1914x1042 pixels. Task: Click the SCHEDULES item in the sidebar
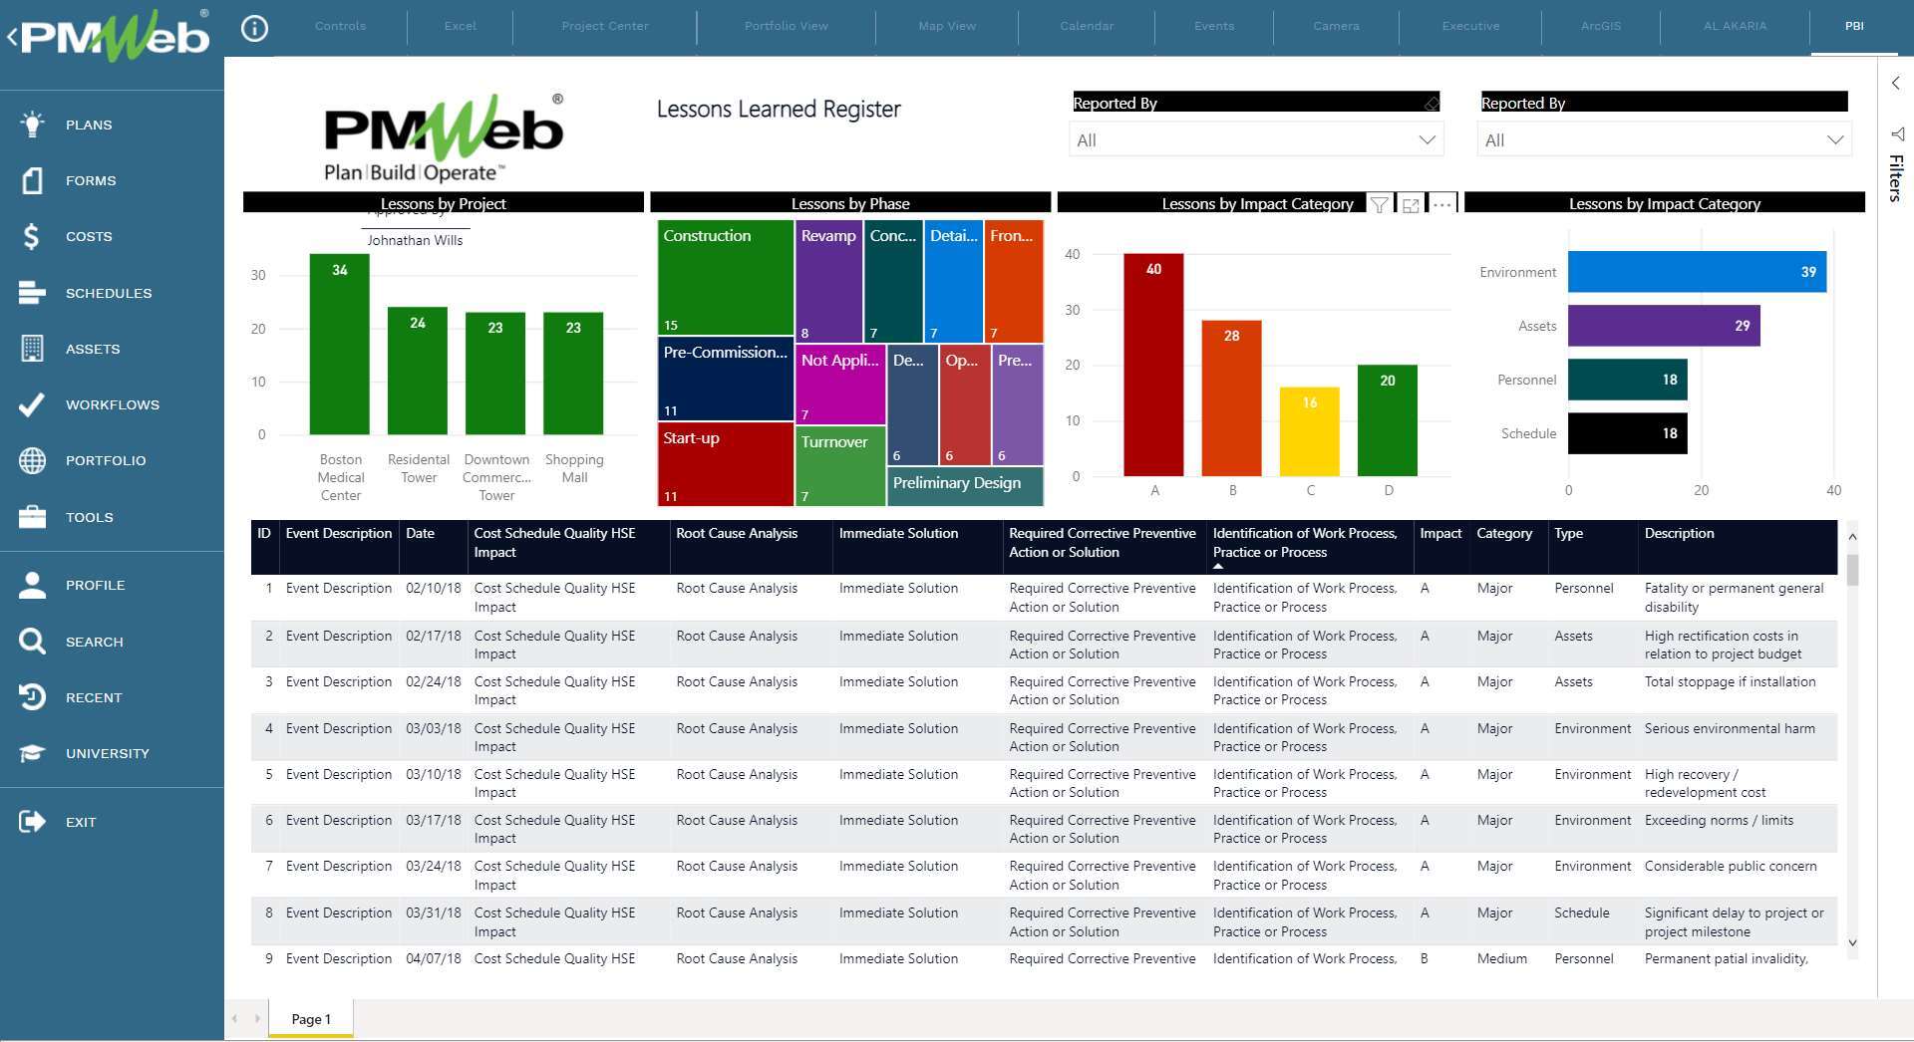(108, 293)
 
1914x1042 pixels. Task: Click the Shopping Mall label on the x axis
(573, 468)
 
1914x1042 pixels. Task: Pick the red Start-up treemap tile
(725, 464)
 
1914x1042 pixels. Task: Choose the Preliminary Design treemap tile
(964, 485)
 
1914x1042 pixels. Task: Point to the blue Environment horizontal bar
(1695, 272)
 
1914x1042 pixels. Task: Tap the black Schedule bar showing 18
(1626, 433)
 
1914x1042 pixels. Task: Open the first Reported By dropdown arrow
(1427, 140)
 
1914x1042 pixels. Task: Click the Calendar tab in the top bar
(1086, 26)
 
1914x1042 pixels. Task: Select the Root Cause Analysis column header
(737, 534)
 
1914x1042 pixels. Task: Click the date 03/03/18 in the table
(433, 729)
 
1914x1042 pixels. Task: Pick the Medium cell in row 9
(1501, 959)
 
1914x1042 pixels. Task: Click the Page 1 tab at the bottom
(310, 1019)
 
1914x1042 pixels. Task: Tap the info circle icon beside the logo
(255, 29)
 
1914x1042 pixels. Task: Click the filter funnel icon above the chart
(1379, 204)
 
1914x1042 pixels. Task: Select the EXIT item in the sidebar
(80, 822)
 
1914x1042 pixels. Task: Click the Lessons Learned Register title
(778, 110)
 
